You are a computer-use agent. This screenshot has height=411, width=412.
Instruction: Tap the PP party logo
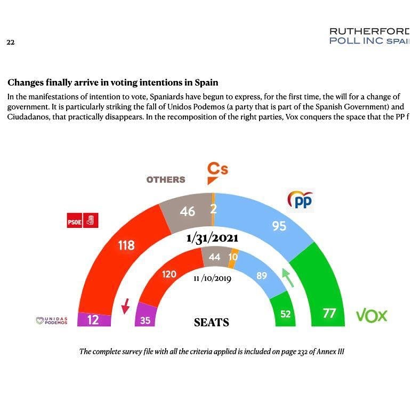coord(301,201)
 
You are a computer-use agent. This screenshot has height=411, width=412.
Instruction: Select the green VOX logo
coord(371,316)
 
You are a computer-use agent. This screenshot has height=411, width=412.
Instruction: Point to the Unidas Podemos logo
coord(52,320)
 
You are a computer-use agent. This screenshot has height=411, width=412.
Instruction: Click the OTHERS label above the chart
coord(166,180)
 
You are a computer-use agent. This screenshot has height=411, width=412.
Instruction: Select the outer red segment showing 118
coord(126,245)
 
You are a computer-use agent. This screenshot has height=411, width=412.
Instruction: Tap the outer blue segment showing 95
coord(279,226)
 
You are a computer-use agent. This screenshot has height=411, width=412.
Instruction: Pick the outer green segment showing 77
coord(329,313)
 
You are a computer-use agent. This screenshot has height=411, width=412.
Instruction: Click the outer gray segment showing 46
coord(187,211)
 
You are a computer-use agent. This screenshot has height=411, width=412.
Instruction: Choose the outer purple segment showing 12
coord(94,319)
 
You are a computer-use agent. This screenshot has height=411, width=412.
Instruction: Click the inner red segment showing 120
coord(169,274)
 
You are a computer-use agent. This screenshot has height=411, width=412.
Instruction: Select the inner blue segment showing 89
coord(261,275)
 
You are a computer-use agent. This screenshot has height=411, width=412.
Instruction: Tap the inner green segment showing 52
coord(286,314)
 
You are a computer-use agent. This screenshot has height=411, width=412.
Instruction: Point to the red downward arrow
coord(126,306)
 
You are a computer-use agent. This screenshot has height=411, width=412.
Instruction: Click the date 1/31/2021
coord(212,239)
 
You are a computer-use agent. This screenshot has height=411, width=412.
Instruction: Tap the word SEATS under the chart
coord(212,322)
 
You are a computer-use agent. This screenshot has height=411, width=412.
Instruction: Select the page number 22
coord(10,42)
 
